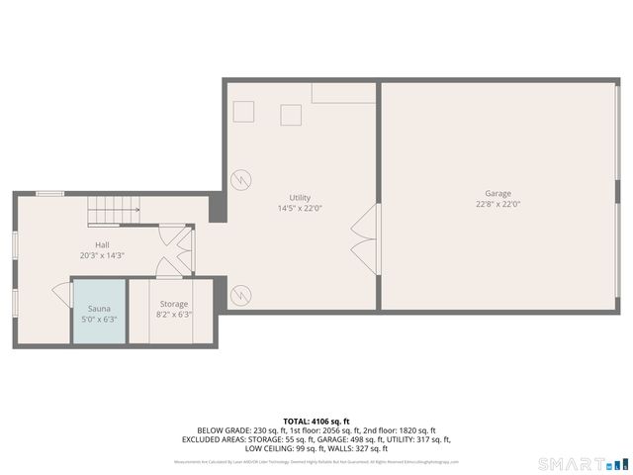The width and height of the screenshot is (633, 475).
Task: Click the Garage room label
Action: (x=497, y=193)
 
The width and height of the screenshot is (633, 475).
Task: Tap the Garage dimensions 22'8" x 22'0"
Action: (x=497, y=205)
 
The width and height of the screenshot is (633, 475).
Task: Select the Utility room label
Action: (x=300, y=197)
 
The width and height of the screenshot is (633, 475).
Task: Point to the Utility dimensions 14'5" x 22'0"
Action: (x=300, y=209)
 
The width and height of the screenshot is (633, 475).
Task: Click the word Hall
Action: (x=102, y=244)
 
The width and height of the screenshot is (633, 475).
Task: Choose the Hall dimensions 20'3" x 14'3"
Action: (x=102, y=256)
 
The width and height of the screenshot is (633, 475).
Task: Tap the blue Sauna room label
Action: (x=99, y=308)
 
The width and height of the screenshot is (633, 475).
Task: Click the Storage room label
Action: (x=174, y=304)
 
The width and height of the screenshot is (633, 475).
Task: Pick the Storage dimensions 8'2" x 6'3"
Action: (x=174, y=316)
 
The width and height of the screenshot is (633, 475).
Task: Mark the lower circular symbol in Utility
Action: (x=239, y=295)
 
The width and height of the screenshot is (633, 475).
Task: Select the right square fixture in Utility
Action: (x=291, y=115)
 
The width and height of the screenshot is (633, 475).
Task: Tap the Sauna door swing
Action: (x=62, y=295)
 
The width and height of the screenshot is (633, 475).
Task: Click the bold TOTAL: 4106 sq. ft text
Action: (x=316, y=422)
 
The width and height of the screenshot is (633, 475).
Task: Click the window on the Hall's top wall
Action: (x=50, y=194)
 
